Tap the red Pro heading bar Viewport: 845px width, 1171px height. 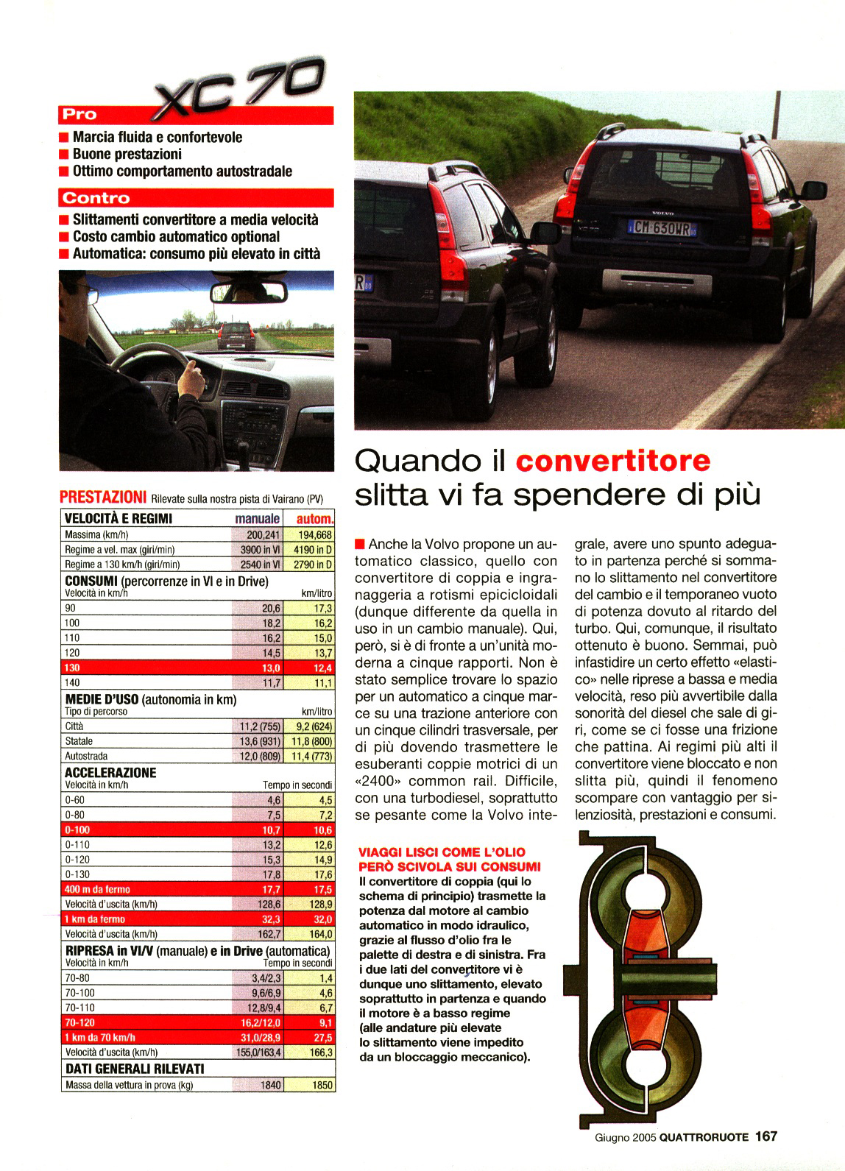tap(196, 115)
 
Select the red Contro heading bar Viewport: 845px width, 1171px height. tap(196, 198)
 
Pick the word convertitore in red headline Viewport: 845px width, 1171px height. tap(613, 461)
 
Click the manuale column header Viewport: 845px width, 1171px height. tap(258, 519)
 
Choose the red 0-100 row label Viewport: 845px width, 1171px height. tap(77, 830)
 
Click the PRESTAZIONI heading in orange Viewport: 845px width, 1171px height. tap(102, 498)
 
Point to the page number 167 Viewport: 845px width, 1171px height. tap(766, 1136)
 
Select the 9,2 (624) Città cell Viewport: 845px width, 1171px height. tap(309, 726)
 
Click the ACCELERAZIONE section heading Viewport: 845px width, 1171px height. tap(110, 773)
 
